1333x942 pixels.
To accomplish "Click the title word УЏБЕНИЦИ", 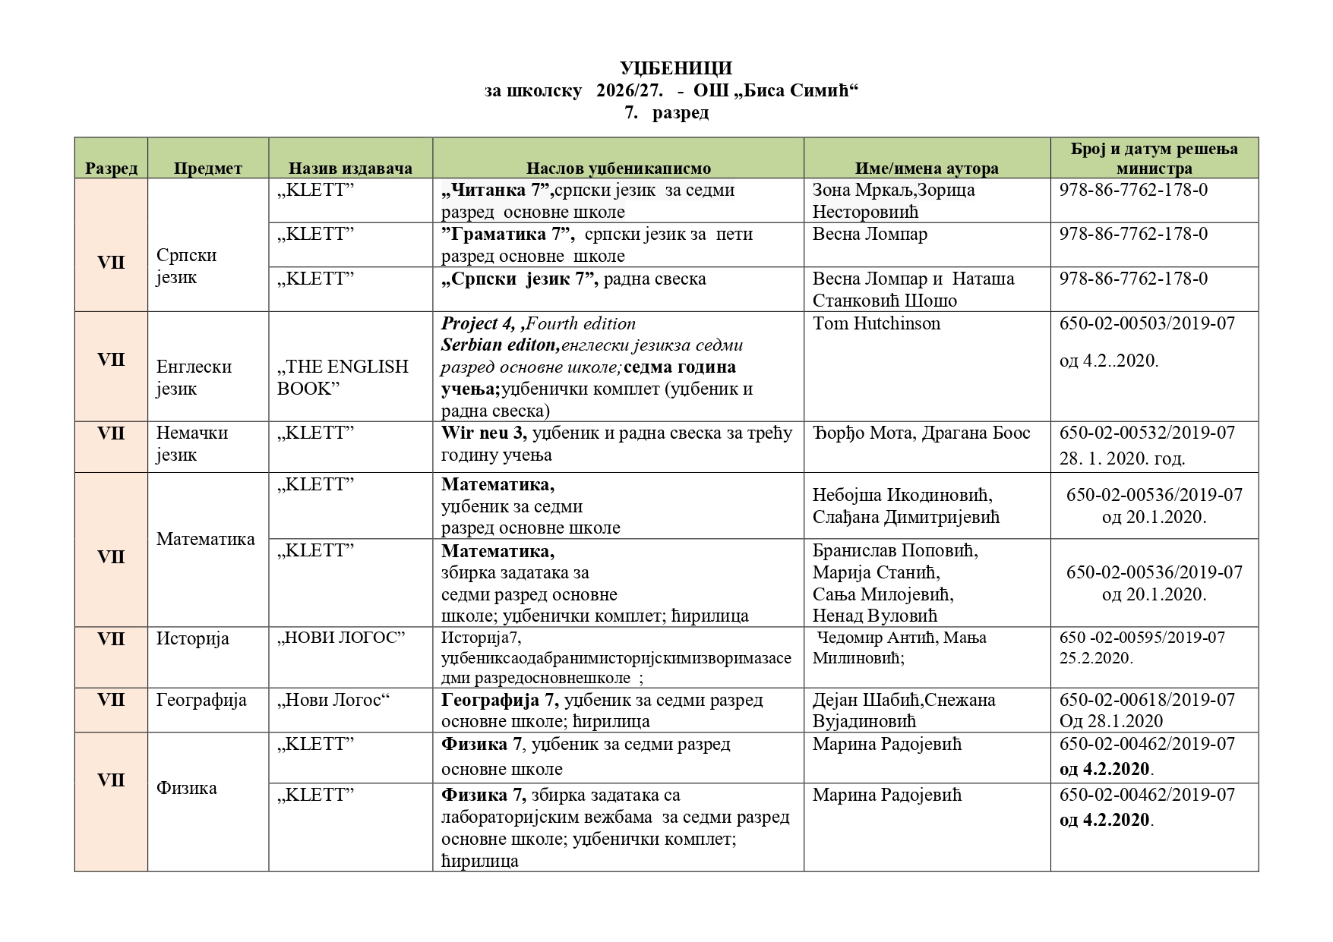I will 675,68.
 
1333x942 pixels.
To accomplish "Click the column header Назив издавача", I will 350,169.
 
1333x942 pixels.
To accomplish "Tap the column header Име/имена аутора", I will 927,169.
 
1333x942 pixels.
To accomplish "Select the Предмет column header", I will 207,169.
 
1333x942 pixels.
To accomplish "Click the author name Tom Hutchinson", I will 876,323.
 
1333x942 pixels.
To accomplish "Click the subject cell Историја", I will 192,638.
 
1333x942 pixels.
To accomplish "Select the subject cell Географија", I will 201,700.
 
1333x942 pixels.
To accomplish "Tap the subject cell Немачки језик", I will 191,443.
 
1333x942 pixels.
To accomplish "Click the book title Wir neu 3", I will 484,433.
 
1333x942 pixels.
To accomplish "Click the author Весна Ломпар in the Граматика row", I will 870,234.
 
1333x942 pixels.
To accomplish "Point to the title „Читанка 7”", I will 498,190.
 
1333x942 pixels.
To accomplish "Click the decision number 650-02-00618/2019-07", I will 1147,700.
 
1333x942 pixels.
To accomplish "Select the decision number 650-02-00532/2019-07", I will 1147,433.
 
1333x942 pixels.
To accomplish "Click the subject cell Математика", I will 205,539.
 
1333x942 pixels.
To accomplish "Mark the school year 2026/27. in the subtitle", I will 629,91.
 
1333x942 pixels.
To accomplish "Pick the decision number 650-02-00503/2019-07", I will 1147,323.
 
